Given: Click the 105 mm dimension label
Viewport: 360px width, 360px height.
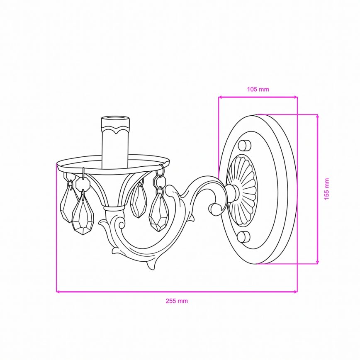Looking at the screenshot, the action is pos(258,89).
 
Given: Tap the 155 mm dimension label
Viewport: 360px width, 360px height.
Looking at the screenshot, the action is pos(327,189).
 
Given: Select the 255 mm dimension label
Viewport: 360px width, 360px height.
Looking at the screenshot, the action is pos(177,301).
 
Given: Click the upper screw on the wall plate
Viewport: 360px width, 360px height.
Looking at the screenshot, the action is pos(245,145).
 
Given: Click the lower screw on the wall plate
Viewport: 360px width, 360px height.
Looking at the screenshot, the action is pos(243,237).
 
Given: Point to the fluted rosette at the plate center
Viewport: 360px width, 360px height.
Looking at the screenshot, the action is pos(241,190).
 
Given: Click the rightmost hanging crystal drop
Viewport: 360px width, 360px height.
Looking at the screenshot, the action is pos(159,212).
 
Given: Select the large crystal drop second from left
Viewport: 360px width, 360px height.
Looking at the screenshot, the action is pos(83,215).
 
